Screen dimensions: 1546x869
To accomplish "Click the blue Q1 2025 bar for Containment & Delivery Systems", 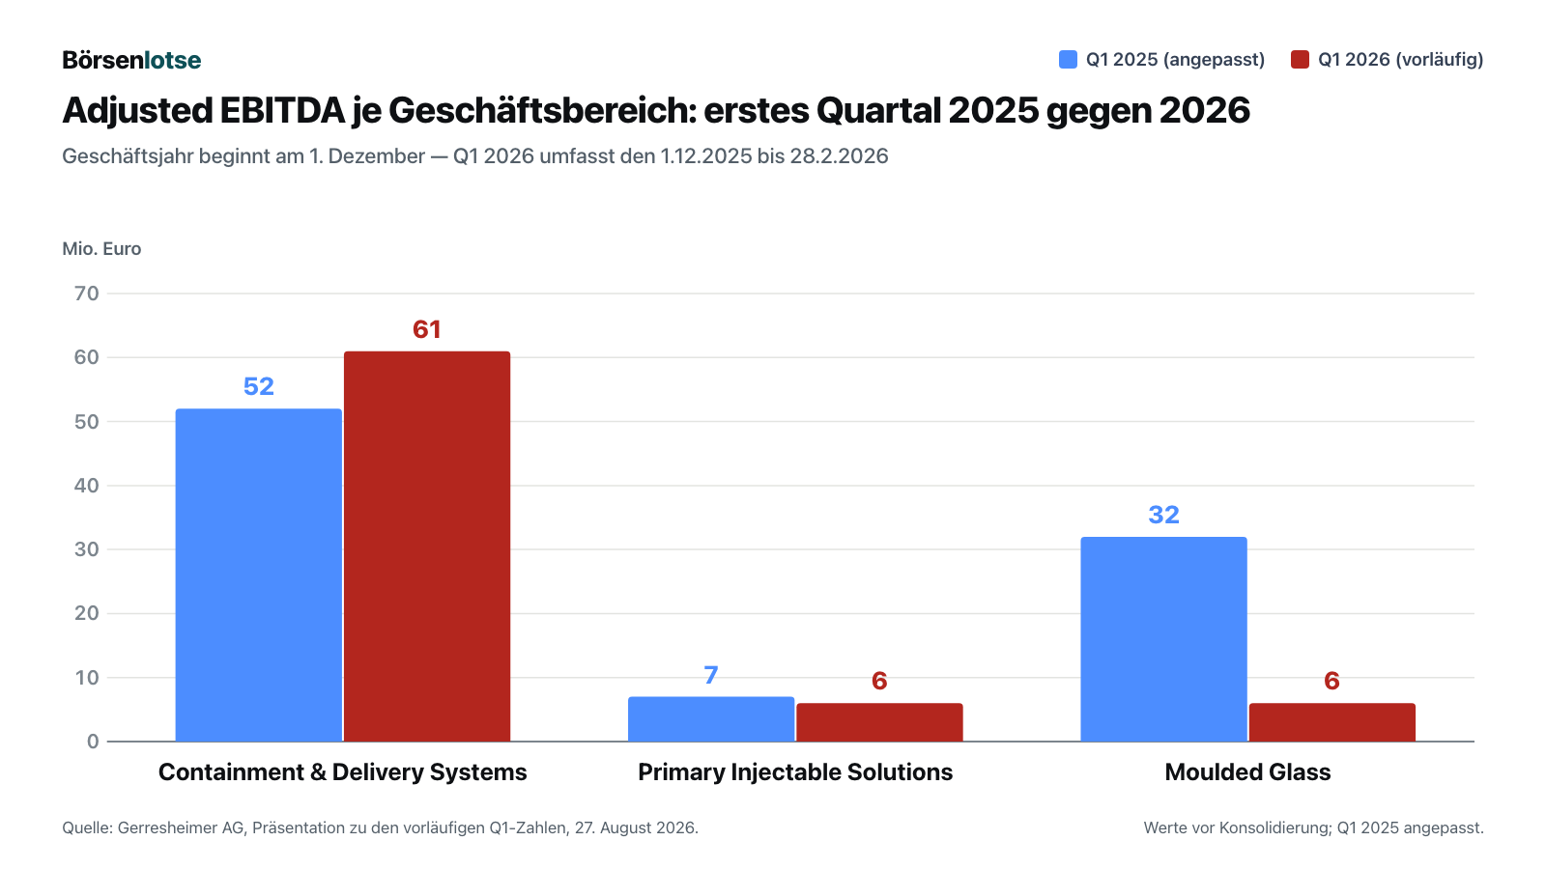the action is pos(258,575).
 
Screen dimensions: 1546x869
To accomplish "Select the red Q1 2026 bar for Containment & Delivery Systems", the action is pos(427,547).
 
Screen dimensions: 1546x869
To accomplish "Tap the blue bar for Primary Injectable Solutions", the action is pos(711,719).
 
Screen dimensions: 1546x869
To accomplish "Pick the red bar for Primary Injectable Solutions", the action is pos(879,723).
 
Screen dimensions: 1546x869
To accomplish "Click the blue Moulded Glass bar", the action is pos(1163,639).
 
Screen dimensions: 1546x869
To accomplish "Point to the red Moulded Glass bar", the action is pos(1332,723).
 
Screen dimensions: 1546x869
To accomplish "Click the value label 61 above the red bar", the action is pos(426,329).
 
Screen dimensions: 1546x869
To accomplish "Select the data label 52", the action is pos(259,386).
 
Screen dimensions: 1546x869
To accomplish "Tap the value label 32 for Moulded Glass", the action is pos(1163,515).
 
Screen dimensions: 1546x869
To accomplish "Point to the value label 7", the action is pos(711,675).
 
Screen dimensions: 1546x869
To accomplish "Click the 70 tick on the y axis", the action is pos(87,294).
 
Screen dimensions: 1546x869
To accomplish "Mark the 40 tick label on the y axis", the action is pos(87,486).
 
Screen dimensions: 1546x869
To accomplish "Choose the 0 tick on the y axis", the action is pos(93,742).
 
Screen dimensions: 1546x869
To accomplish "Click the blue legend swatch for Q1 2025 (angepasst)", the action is pos(1068,59).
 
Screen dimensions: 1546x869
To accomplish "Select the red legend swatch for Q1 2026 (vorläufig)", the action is pos(1300,59).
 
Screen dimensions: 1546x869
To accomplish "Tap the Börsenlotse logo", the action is pos(131,60).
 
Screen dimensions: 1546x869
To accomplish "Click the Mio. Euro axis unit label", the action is pos(101,248).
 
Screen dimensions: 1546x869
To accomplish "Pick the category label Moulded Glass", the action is pos(1247,771).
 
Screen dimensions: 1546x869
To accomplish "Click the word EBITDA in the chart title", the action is pos(281,110).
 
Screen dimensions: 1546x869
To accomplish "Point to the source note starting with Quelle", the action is pos(381,827).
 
